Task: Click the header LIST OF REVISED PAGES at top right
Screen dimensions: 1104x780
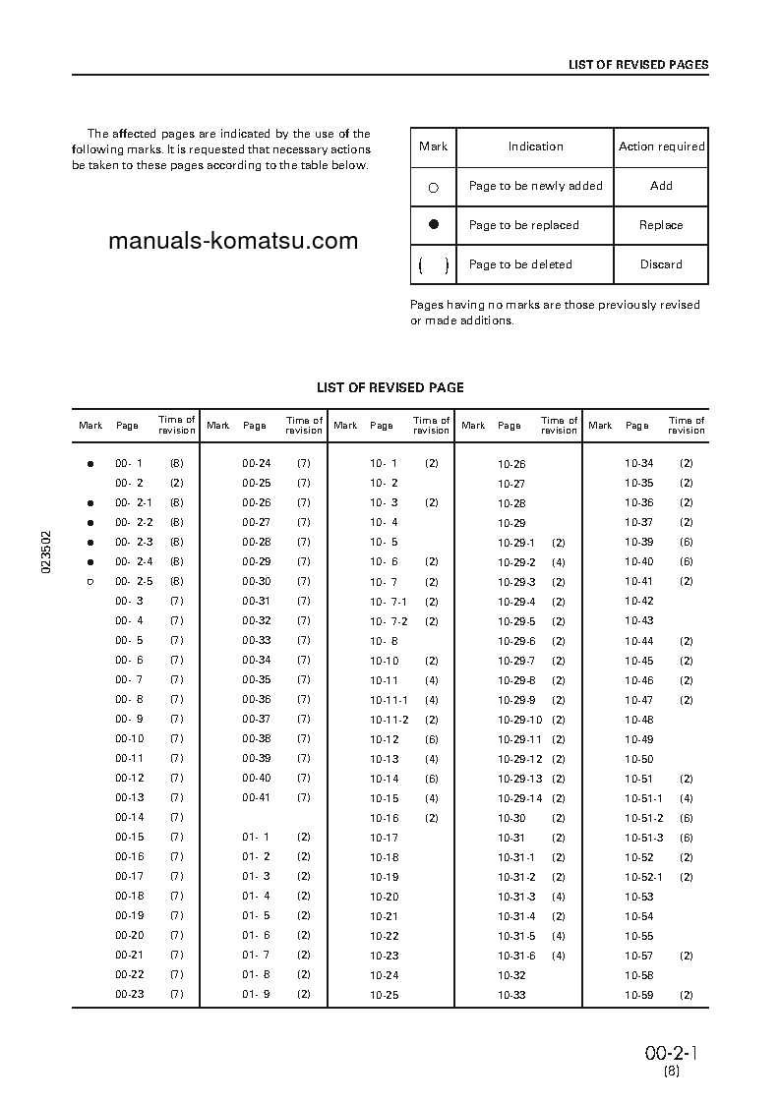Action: [638, 65]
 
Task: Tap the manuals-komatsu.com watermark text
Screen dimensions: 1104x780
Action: [232, 241]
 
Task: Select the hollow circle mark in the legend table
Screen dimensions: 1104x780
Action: [433, 187]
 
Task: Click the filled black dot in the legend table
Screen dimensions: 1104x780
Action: [433, 224]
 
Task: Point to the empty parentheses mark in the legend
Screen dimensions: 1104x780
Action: [433, 264]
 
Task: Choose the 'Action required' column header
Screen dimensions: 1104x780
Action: [661, 146]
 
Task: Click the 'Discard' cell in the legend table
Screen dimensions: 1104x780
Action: [661, 264]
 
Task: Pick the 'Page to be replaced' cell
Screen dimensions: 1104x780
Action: [523, 225]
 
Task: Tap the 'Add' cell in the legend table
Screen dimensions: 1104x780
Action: [661, 186]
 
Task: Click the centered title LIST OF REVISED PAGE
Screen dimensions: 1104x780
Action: [390, 388]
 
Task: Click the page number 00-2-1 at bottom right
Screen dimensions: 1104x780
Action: [671, 1053]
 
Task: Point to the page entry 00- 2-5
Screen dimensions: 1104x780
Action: [134, 581]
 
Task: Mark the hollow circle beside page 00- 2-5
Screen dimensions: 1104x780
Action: [90, 582]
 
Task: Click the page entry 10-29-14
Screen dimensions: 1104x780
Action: [519, 798]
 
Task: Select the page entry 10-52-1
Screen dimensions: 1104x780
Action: [643, 877]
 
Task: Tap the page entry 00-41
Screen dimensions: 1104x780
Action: [256, 797]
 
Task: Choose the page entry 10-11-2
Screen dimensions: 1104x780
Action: [389, 720]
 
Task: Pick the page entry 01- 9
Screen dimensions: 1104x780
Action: [256, 994]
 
